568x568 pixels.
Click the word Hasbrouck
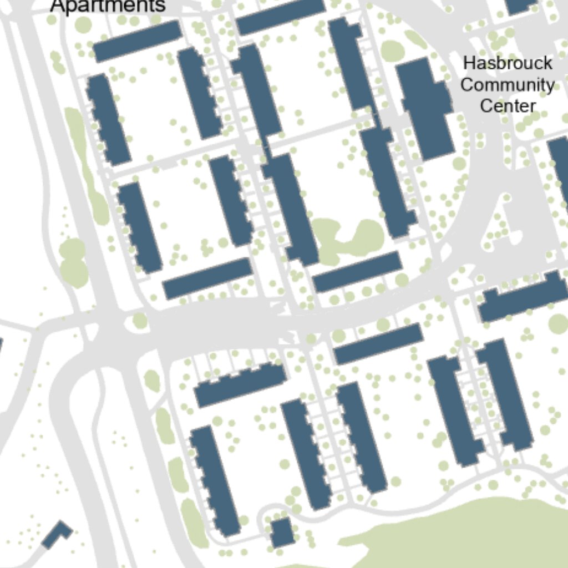508,63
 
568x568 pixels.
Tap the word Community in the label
508,85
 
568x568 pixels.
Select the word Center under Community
508,105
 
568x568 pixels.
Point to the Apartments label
108,6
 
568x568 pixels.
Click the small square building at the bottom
282,532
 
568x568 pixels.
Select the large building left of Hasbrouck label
424,108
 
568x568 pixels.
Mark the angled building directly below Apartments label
137,42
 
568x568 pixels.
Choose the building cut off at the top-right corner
520,6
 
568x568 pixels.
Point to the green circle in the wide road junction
140,320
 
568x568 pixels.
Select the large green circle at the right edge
559,323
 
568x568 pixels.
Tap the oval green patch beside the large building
392,51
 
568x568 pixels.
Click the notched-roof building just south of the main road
240,384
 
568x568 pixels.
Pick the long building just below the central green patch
357,271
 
